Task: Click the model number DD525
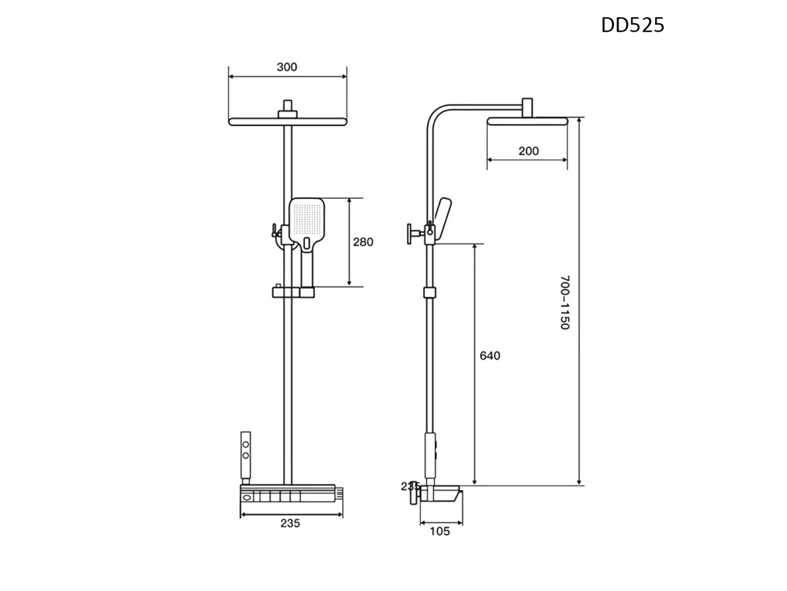632,26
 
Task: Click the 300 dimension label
287,67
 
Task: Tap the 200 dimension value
529,151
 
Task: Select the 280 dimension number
363,242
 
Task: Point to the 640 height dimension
490,356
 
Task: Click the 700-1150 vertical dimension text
565,302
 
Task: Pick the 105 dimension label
439,531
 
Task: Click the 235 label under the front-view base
290,523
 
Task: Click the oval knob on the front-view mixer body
248,497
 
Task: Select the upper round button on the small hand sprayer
245,445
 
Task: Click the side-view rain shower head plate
527,121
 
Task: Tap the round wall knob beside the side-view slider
410,234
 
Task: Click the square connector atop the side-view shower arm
527,107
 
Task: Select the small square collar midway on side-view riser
430,292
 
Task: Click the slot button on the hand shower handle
307,244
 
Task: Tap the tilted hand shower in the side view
441,220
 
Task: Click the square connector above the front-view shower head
287,110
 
